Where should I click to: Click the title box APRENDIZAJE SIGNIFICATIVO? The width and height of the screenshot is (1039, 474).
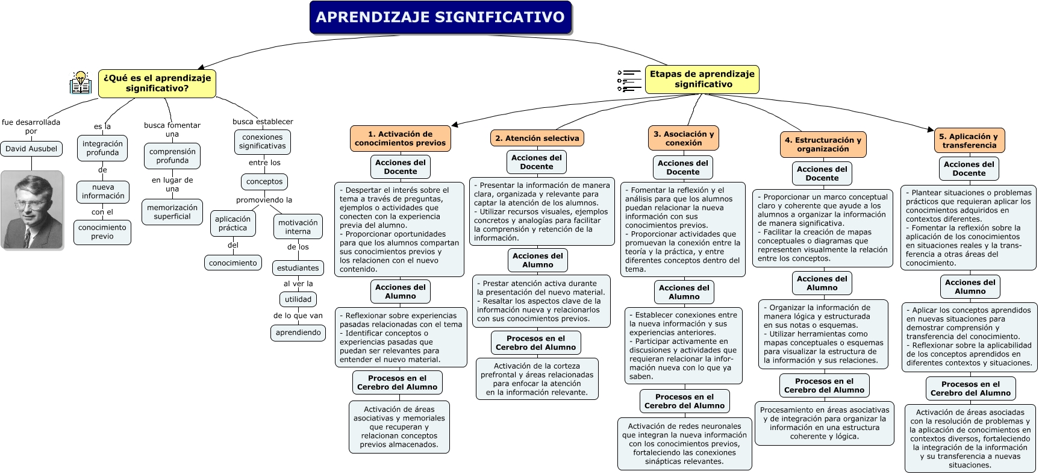[x=440, y=17]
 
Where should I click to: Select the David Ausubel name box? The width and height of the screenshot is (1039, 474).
[x=31, y=149]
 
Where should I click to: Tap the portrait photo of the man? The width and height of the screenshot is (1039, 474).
[x=32, y=210]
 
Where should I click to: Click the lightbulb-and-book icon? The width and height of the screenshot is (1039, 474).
[x=80, y=83]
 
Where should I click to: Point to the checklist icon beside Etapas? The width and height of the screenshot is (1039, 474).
[x=629, y=80]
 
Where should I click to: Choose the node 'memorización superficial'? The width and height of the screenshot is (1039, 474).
[x=172, y=212]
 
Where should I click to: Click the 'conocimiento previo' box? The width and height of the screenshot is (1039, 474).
[x=102, y=232]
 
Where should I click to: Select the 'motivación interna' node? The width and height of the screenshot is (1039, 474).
[x=298, y=227]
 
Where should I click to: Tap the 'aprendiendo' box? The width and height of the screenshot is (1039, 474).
[x=298, y=332]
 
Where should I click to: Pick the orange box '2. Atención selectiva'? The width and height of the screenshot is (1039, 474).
[x=537, y=138]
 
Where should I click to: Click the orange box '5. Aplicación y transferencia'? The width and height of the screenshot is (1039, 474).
[x=969, y=141]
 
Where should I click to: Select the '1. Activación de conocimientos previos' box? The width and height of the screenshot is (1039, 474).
[x=400, y=139]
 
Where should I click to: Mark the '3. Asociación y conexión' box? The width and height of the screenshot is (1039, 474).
[x=684, y=139]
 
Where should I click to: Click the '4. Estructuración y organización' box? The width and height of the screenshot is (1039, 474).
[x=823, y=145]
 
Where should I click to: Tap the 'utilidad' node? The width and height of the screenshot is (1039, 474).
[x=298, y=299]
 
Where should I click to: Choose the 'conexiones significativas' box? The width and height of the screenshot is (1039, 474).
[x=262, y=142]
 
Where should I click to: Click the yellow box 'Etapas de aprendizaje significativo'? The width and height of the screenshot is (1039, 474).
[x=702, y=79]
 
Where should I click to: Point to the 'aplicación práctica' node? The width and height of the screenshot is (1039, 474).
[x=232, y=223]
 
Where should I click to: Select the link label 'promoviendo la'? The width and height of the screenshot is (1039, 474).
[x=264, y=200]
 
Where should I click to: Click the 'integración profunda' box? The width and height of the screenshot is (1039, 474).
[x=102, y=148]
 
